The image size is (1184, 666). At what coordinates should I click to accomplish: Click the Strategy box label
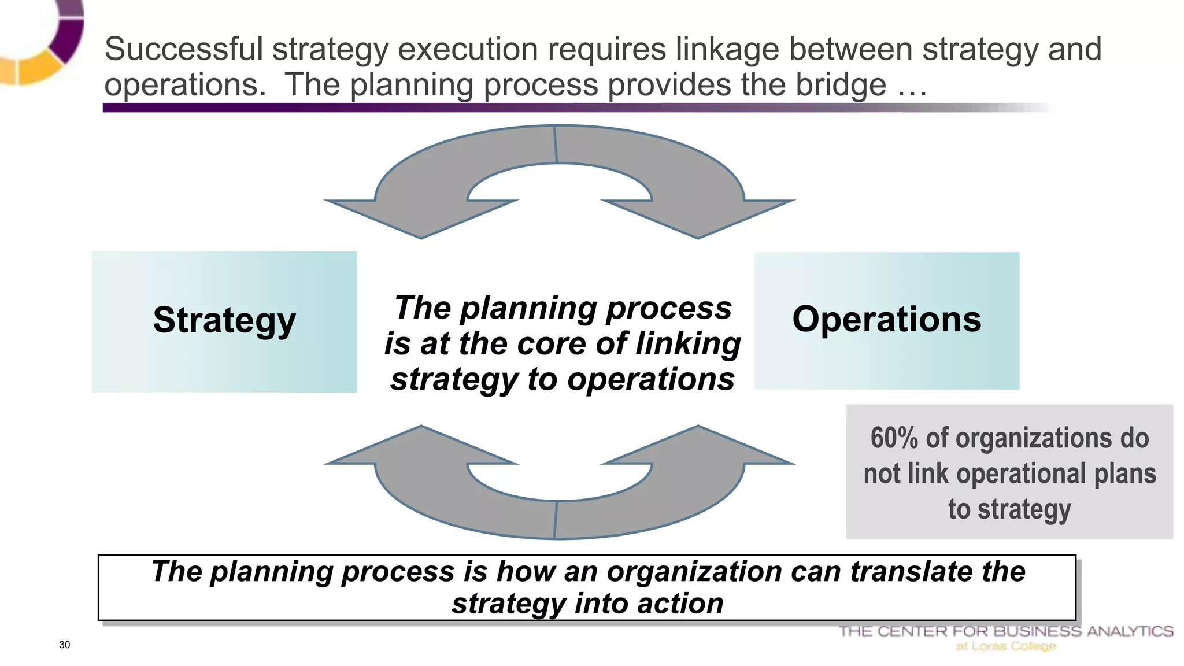point(224,320)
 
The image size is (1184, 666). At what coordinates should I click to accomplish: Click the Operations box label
point(886,319)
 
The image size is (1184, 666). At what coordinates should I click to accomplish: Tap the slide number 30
point(64,645)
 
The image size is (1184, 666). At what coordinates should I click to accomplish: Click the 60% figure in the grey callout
point(894,438)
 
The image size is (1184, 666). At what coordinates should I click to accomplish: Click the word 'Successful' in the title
point(183,49)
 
